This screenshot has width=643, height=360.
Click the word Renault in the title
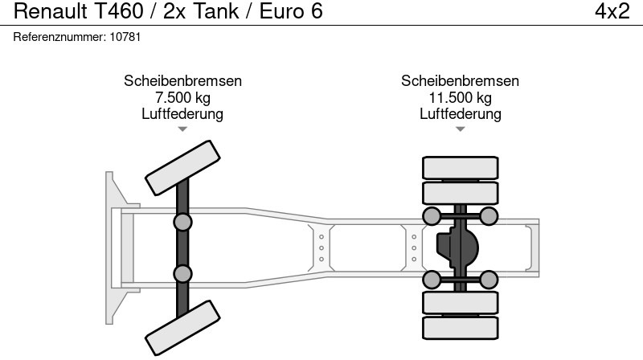(x=51, y=11)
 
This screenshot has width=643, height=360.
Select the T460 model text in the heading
(x=119, y=11)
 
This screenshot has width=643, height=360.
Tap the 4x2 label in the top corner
(x=612, y=11)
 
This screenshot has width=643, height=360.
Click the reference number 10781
(x=125, y=37)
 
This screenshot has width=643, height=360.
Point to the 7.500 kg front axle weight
(x=183, y=97)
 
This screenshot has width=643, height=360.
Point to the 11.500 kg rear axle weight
(x=460, y=97)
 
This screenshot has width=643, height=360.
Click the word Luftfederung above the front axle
(x=182, y=113)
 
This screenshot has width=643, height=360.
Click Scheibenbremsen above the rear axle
(x=460, y=81)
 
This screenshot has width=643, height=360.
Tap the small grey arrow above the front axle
(x=182, y=129)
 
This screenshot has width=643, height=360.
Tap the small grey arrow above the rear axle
(x=460, y=129)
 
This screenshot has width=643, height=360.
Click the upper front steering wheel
(x=182, y=168)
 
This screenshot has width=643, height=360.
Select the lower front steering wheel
(x=182, y=328)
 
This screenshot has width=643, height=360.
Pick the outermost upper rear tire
(x=460, y=168)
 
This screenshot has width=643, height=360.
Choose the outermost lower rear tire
(x=460, y=328)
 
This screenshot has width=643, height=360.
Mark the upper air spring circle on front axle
(x=182, y=223)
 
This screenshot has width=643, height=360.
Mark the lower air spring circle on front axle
(x=182, y=273)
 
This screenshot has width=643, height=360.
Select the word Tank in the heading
(x=215, y=11)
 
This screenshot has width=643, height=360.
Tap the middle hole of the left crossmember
(x=321, y=248)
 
